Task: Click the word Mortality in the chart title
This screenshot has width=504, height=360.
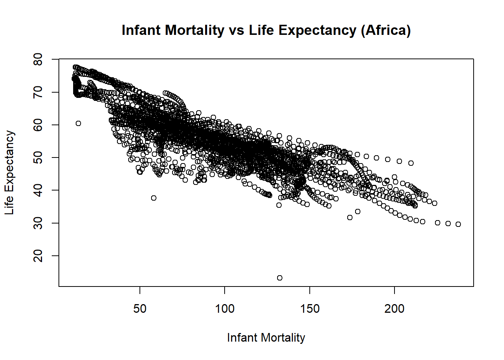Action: click(194, 30)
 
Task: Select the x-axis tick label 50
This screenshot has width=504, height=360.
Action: click(140, 309)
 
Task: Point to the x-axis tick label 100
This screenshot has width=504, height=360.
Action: click(225, 309)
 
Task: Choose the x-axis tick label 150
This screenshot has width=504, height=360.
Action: click(310, 309)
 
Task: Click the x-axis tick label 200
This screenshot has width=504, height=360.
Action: click(394, 309)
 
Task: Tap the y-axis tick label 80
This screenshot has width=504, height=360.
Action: click(38, 59)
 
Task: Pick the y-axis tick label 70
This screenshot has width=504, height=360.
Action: click(38, 92)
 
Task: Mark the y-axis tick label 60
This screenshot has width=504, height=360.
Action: click(38, 125)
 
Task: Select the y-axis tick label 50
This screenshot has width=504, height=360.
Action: click(38, 157)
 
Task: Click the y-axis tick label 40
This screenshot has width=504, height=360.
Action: click(38, 190)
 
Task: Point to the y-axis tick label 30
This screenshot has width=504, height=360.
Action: click(38, 223)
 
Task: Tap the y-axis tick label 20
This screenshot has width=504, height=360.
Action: click(38, 256)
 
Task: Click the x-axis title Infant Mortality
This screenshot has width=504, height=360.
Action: click(266, 338)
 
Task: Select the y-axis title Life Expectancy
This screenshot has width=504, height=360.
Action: click(9, 172)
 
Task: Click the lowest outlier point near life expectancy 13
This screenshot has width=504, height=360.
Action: click(279, 278)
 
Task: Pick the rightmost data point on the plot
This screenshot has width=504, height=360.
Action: click(458, 224)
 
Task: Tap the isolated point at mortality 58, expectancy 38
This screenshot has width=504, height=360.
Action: click(153, 198)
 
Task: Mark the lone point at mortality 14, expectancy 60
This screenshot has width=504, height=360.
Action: click(78, 123)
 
